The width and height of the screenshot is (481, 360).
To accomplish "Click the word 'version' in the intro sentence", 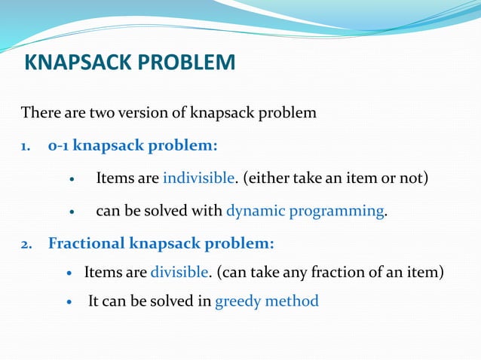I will pyautogui.click(x=140, y=114).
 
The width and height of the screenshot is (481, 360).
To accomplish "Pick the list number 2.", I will pyautogui.click(x=26, y=244).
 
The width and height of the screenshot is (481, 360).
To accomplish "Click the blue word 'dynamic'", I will pyautogui.click(x=256, y=211).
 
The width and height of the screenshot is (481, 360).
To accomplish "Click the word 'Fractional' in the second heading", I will pyautogui.click(x=86, y=244).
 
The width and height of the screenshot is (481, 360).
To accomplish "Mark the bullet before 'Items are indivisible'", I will pyautogui.click(x=72, y=180).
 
